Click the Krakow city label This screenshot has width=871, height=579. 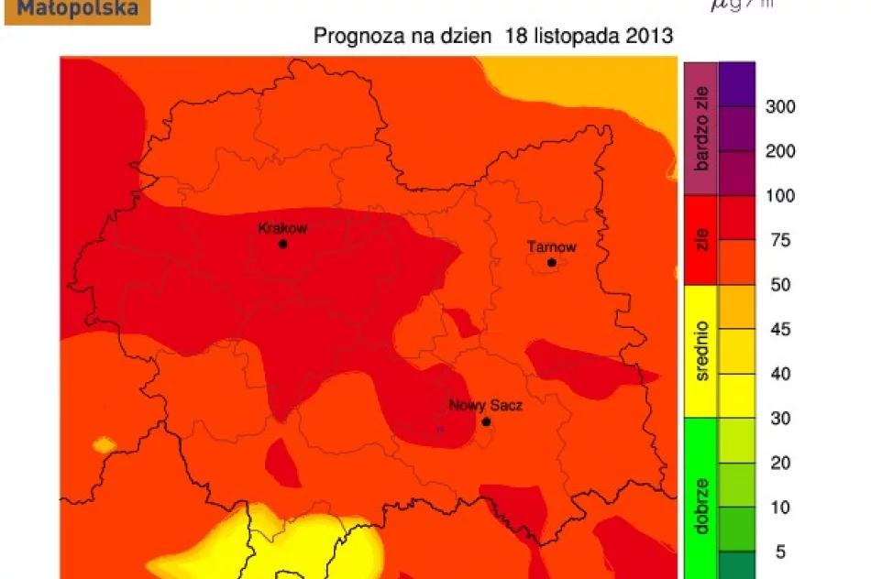click(282, 228)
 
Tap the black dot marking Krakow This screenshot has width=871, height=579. click(283, 245)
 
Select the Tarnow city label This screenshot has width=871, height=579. click(551, 246)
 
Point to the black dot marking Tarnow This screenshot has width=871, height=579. click(552, 263)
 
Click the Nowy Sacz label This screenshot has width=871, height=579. click(485, 405)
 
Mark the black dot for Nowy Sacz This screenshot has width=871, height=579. click(486, 422)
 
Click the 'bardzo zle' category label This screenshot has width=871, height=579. click(701, 128)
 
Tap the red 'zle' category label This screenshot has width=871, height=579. click(701, 240)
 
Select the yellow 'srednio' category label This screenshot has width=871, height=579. click(701, 351)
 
